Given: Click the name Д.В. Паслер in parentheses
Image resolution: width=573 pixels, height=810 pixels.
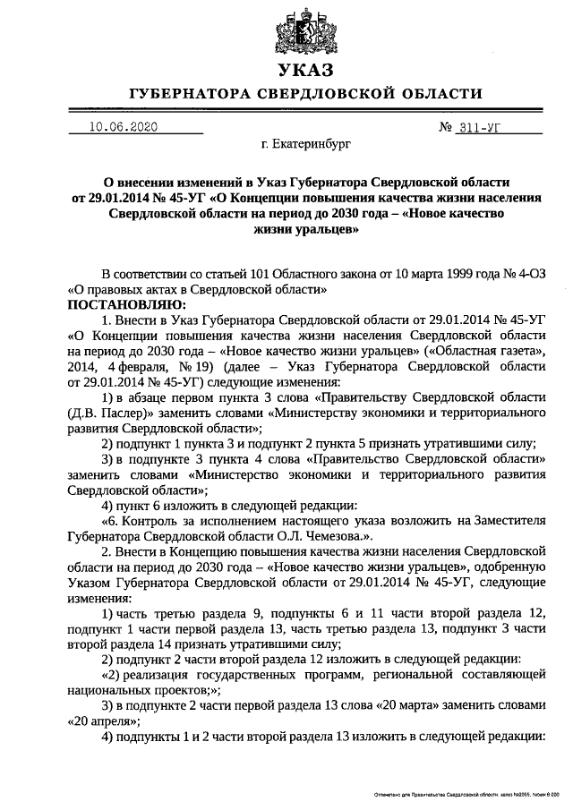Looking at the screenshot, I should (100, 413).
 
